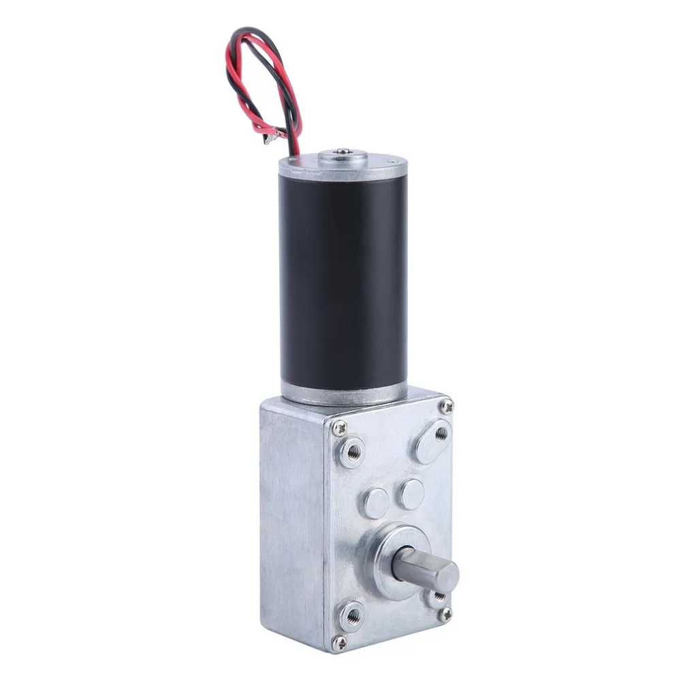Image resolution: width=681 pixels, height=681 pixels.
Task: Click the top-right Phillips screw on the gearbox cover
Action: (x=447, y=407)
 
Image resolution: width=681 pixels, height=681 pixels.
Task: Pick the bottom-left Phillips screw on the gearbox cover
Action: (x=339, y=642)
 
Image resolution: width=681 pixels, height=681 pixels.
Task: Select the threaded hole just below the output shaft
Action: (x=436, y=597)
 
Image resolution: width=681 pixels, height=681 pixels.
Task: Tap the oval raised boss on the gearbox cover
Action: (x=431, y=441)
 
